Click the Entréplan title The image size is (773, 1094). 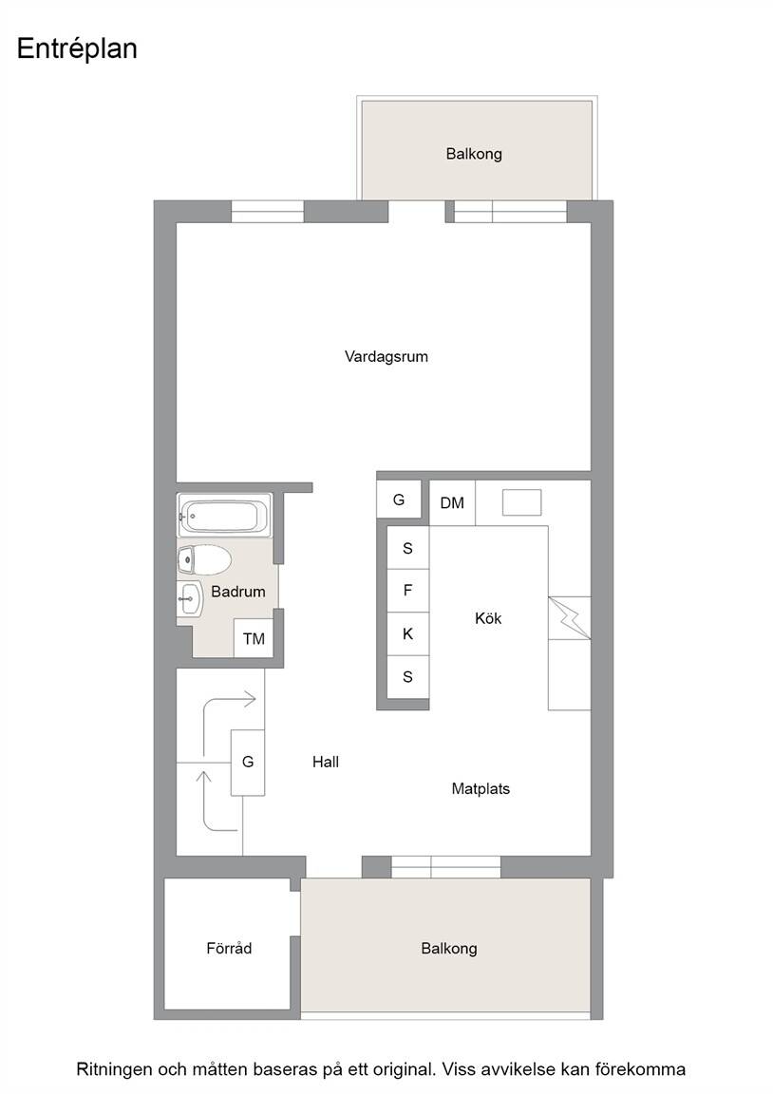coord(77,48)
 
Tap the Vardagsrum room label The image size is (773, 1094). coord(386,356)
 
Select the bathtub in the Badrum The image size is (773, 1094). coord(225,515)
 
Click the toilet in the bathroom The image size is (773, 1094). coord(204,559)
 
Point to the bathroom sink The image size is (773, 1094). coord(190,598)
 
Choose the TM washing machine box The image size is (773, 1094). coord(254,638)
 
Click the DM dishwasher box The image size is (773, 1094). coord(452,502)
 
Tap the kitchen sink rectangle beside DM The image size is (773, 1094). coord(522,502)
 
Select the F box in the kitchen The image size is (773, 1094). coord(408,591)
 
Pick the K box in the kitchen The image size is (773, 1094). coord(408,634)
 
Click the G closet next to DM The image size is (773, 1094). coord(399,500)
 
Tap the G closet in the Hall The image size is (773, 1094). coord(248,762)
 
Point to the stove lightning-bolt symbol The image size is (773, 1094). coord(570,617)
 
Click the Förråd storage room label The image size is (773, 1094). coord(229,948)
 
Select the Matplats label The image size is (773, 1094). coord(481,789)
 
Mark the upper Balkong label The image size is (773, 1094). coord(474,154)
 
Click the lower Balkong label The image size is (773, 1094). coord(449,949)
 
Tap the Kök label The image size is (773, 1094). coord(488,618)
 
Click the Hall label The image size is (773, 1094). coord(326,762)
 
